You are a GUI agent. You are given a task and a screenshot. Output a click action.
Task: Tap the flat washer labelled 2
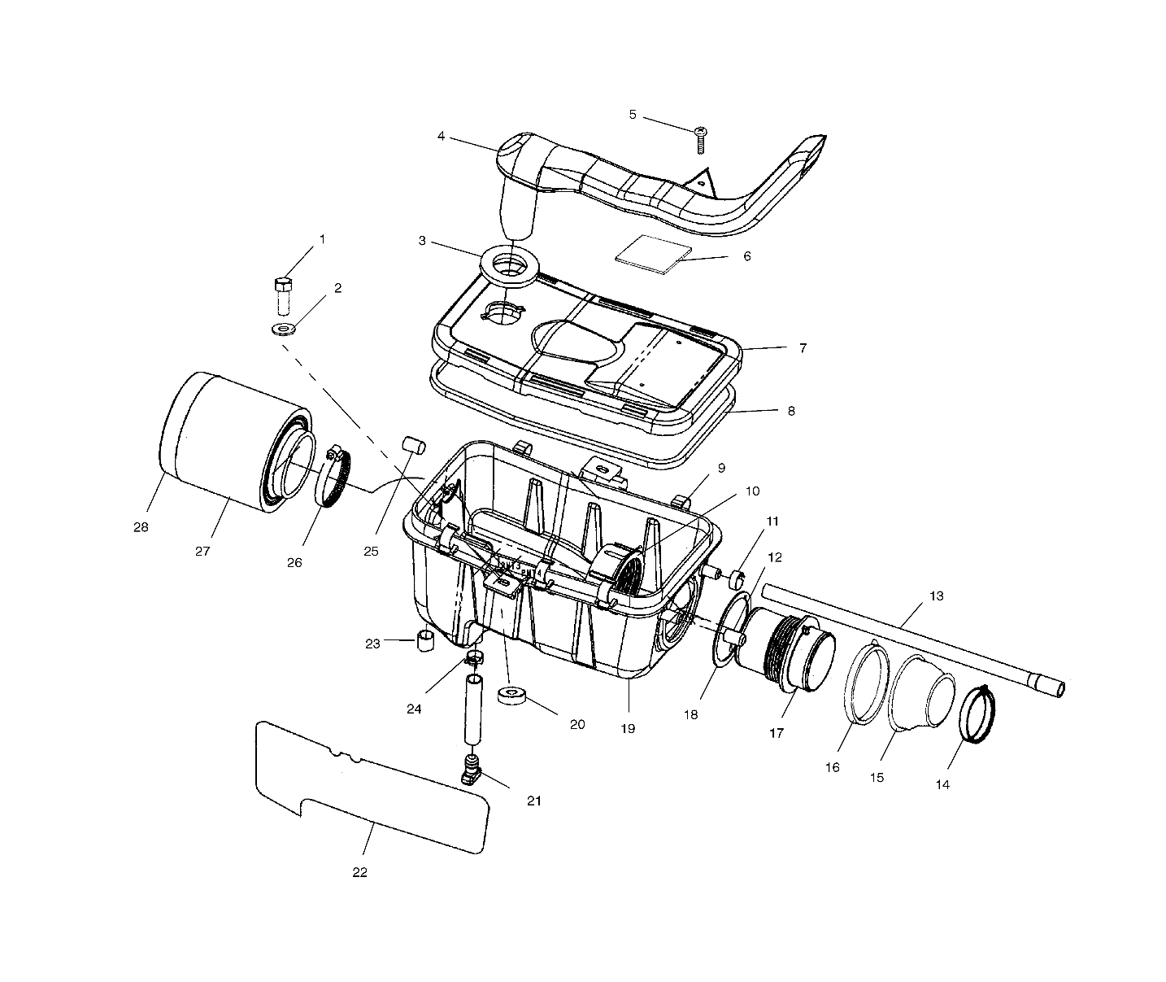(284, 329)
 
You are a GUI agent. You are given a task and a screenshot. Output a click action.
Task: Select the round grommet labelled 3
(509, 266)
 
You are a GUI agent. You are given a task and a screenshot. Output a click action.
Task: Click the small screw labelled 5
(701, 140)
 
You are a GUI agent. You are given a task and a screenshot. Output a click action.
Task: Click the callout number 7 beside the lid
(803, 348)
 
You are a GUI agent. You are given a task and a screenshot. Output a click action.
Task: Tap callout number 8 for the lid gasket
(790, 411)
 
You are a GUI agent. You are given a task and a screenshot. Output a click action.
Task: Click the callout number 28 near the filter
(141, 526)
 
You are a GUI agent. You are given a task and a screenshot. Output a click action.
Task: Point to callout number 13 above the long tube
(936, 596)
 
